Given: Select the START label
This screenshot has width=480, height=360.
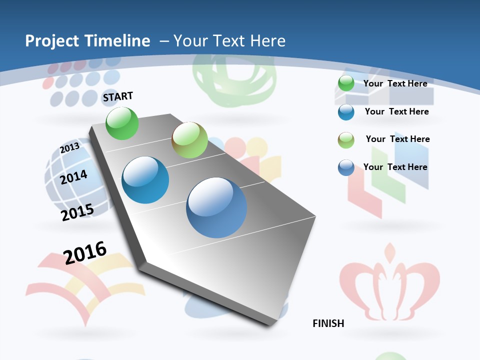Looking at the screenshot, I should point(118,96).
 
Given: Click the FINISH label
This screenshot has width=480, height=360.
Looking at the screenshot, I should point(328,323).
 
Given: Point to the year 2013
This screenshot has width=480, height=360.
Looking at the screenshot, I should point(70,147).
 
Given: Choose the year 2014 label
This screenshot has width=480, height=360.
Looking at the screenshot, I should point(74,177).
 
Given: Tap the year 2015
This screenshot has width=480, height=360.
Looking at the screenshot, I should point(77,212).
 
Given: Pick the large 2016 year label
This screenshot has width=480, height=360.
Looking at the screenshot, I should point(85,252).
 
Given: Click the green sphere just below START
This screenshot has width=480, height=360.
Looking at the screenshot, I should point(122,123).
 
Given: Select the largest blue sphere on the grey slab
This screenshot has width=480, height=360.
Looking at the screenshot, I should point(216,207).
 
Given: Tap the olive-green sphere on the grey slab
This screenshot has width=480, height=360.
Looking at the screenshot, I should point(189,140).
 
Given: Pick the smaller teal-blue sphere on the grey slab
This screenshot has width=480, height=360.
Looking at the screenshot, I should point(145,180).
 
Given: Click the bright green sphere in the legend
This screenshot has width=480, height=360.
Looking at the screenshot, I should point(345,83).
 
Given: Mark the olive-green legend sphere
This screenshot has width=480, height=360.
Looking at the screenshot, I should point(346,140).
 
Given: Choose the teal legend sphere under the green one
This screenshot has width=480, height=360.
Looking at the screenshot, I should point(346,112).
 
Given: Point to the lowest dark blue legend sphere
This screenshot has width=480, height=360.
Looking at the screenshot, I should point(346,168).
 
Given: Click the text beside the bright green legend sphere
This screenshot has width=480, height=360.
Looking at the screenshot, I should point(395,83).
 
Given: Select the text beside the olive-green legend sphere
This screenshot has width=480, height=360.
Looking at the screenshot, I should point(397,139).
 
